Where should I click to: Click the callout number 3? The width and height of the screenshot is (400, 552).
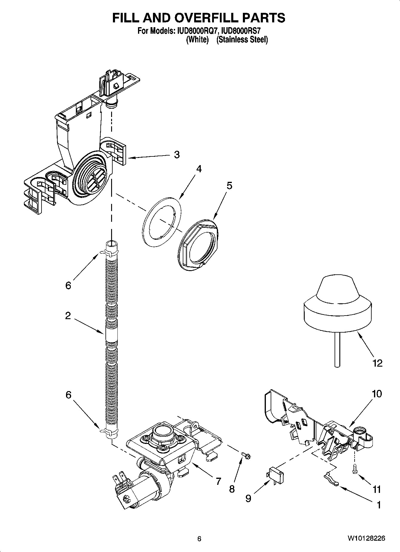(x=177, y=155)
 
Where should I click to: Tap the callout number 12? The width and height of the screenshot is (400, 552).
(x=378, y=363)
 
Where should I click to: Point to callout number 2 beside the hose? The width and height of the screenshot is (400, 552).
(x=68, y=316)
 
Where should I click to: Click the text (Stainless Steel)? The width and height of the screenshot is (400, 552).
(x=242, y=40)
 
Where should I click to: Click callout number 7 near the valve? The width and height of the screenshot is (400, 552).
(x=218, y=481)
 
